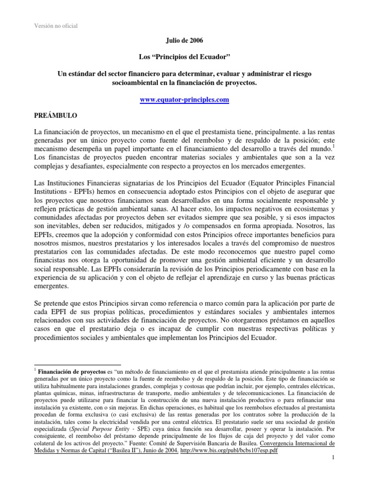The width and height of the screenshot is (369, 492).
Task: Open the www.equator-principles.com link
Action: [x=184, y=100]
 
